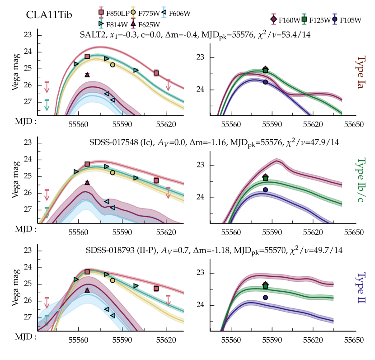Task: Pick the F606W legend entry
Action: pyautogui.click(x=181, y=13)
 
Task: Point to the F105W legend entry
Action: pyautogui.click(x=349, y=19)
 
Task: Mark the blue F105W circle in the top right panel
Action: pyautogui.click(x=265, y=82)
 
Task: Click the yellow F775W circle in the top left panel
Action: pyautogui.click(x=112, y=65)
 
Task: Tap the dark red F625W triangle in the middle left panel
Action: pyautogui.click(x=87, y=182)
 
